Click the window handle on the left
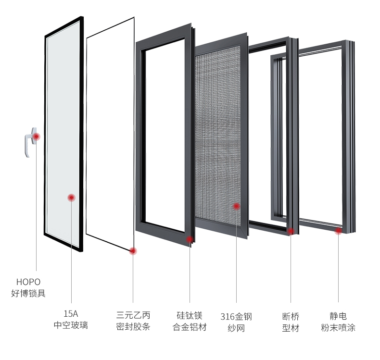[30, 142]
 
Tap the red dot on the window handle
[36, 137]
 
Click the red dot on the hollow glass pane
[71, 197]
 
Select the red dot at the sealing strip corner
[133, 250]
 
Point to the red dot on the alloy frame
[190, 239]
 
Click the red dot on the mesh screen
[236, 206]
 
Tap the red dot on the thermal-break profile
[291, 231]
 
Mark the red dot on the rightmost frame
[338, 231]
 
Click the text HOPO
[28, 282]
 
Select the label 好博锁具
[28, 293]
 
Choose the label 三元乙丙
[133, 315]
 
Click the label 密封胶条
[133, 327]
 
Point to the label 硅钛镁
[190, 316]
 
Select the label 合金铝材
[190, 327]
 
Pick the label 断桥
[291, 316]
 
